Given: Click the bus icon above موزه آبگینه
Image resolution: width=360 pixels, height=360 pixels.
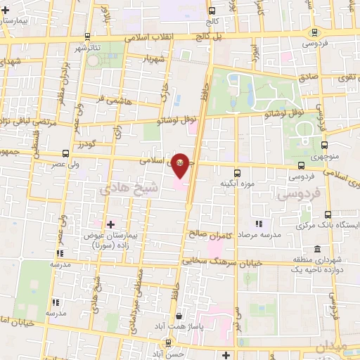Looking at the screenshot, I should click(236, 171).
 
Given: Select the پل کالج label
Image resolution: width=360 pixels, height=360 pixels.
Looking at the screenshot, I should click(210, 35).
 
